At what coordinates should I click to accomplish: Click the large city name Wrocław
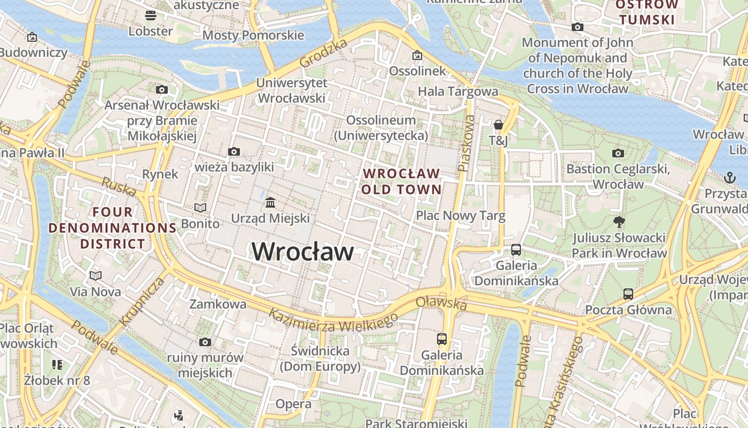pyautogui.click(x=302, y=251)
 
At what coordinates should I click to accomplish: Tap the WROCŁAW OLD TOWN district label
pyautogui.click(x=401, y=181)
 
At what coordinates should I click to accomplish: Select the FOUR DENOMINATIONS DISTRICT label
pyautogui.click(x=112, y=228)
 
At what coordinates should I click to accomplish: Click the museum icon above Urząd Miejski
pyautogui.click(x=270, y=203)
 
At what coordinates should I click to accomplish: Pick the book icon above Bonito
pyautogui.click(x=200, y=208)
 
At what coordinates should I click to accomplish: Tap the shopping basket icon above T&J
pyautogui.click(x=498, y=125)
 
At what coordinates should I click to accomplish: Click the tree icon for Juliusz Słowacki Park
pyautogui.click(x=619, y=221)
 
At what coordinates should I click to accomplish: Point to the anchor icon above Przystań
pyautogui.click(x=729, y=177)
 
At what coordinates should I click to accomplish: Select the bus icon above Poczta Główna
pyautogui.click(x=628, y=294)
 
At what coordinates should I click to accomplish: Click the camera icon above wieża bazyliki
pyautogui.click(x=234, y=152)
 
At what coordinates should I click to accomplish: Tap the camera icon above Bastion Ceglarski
pyautogui.click(x=618, y=154)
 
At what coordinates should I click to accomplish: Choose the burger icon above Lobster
pyautogui.click(x=151, y=15)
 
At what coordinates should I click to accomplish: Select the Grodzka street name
pyautogui.click(x=323, y=53)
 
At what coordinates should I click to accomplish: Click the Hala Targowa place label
pyautogui.click(x=458, y=91)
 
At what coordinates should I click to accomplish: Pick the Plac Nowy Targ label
pyautogui.click(x=461, y=216)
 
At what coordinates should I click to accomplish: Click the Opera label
pyautogui.click(x=293, y=404)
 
